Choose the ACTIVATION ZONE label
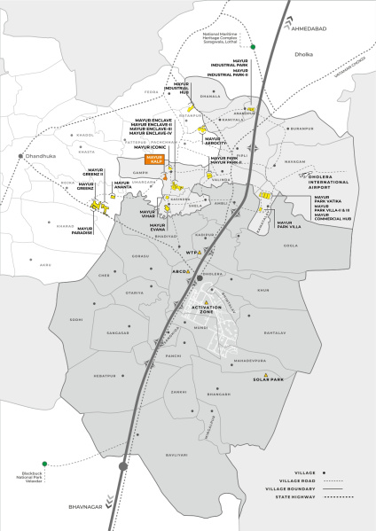[x=206, y=311]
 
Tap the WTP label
[x=191, y=253]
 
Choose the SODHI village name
[x=76, y=320]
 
